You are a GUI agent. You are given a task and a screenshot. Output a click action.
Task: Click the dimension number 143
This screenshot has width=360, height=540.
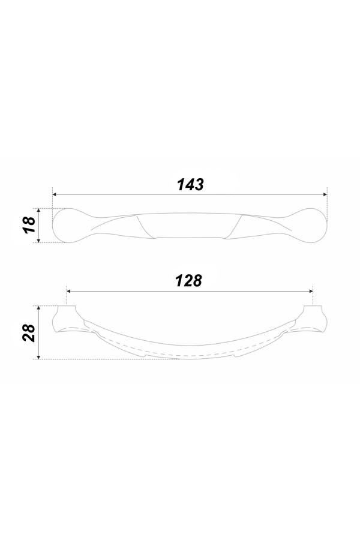(x=190, y=185)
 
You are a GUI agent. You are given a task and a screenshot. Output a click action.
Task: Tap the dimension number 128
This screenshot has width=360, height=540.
(x=188, y=281)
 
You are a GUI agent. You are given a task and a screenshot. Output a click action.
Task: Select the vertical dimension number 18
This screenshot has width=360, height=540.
(x=30, y=225)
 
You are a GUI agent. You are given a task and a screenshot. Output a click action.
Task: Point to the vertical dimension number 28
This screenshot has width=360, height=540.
(x=29, y=332)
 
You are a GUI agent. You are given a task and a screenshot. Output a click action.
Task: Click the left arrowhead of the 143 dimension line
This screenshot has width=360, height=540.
(x=55, y=194)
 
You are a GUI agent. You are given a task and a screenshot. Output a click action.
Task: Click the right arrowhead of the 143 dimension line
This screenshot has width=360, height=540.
(x=325, y=194)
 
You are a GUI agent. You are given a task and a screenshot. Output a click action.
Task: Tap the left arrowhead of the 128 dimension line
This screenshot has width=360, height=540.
(x=69, y=292)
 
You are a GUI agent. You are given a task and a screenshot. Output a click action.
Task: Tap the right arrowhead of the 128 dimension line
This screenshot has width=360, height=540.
(x=310, y=292)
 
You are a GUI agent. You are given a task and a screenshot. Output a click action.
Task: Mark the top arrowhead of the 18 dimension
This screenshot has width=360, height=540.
(x=39, y=211)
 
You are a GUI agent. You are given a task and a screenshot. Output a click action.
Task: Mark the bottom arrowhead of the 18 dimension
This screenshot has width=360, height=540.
(x=39, y=240)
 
